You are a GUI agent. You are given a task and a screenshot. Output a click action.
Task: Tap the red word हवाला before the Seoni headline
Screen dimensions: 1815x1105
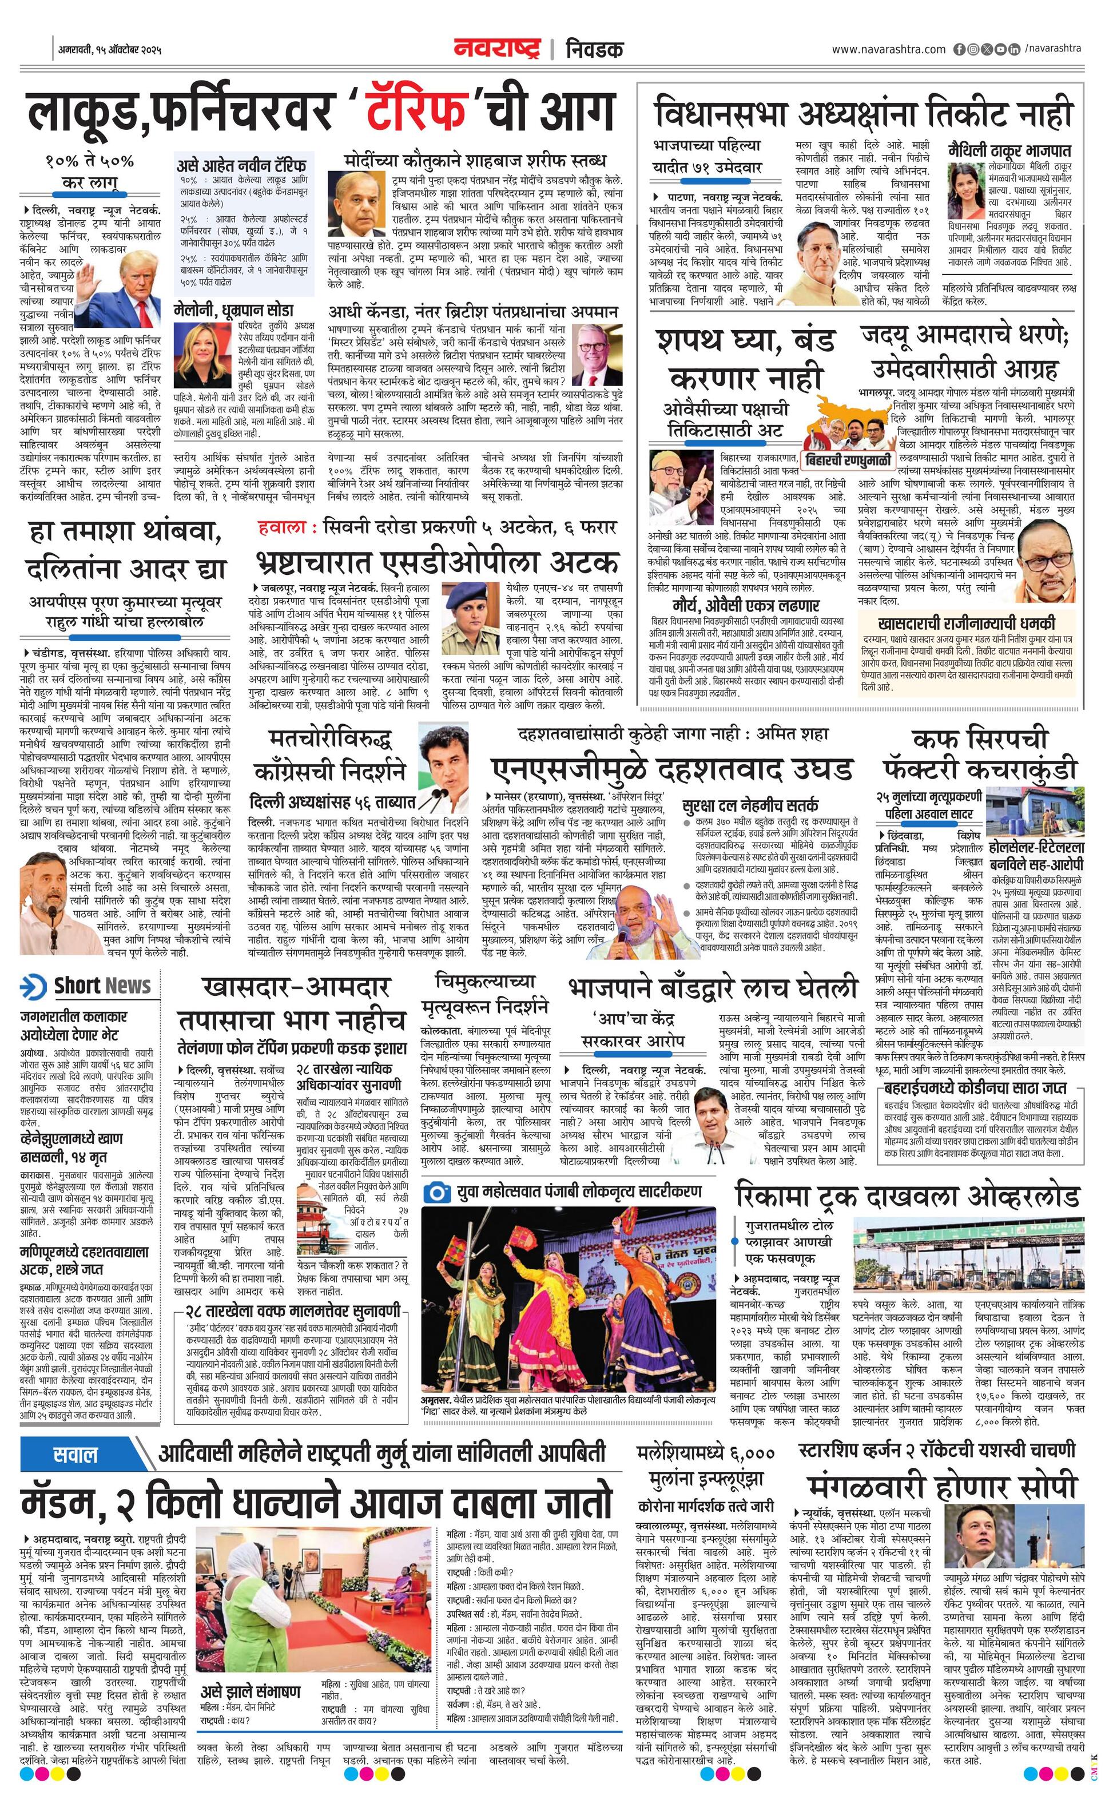click(x=282, y=527)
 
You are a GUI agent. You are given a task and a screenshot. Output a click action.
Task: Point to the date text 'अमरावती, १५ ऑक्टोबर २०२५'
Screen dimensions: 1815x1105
click(x=110, y=51)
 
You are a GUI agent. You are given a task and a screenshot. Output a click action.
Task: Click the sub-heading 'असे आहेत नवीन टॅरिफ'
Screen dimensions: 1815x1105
click(x=241, y=164)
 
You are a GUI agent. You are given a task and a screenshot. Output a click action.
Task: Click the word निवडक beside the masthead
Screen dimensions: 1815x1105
click(x=594, y=49)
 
